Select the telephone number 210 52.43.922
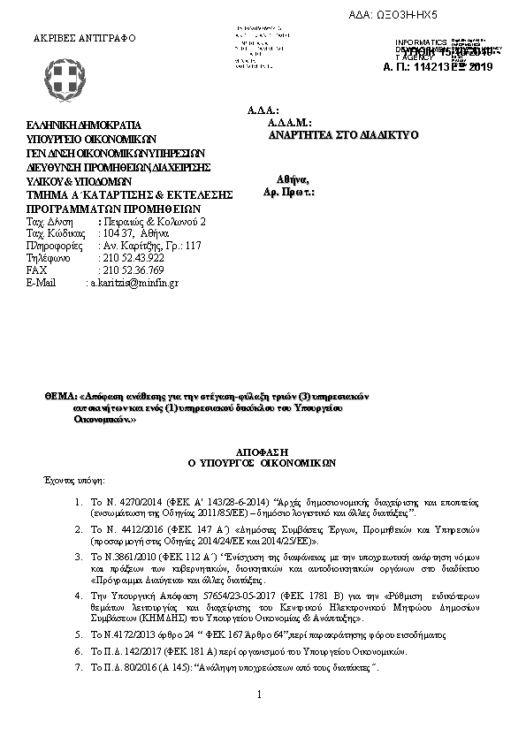click(x=133, y=257)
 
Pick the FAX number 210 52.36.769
click(x=133, y=270)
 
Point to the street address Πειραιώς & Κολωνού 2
click(x=154, y=220)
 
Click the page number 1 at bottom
click(x=260, y=694)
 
